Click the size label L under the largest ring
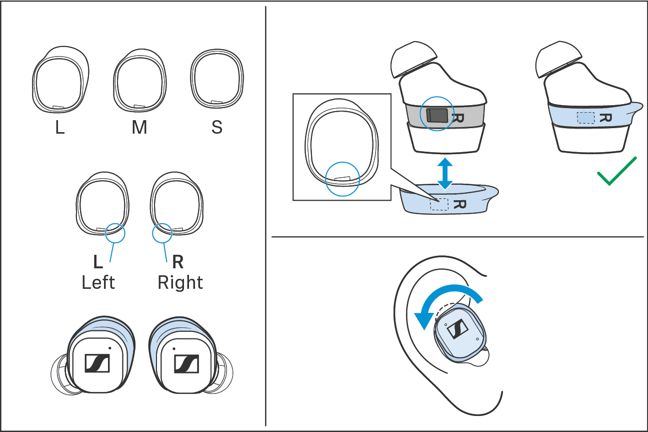click(60, 128)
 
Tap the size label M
click(139, 128)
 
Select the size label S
click(216, 128)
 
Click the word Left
click(98, 283)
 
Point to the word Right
click(180, 283)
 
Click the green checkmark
click(616, 172)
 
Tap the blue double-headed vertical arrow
click(444, 174)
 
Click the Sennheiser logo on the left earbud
click(97, 363)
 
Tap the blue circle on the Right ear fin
click(161, 232)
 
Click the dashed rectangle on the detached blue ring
click(439, 203)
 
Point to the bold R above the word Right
click(177, 261)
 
